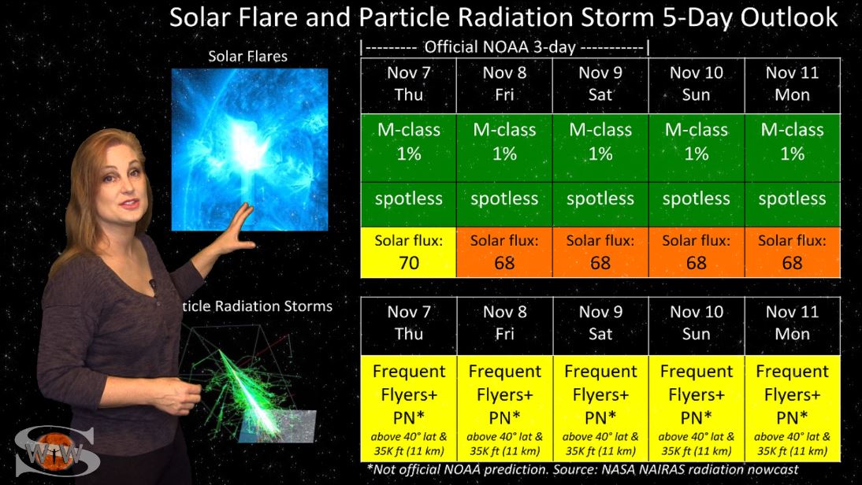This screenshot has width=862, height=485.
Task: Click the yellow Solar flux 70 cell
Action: point(408,252)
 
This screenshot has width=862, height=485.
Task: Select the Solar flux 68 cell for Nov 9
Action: point(600,252)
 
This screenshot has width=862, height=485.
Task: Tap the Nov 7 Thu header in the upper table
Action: point(408,83)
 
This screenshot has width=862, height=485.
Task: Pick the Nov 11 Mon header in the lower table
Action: point(792,324)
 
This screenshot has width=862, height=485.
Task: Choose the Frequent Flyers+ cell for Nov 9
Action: point(600,408)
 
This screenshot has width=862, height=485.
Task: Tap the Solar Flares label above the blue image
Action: point(247,56)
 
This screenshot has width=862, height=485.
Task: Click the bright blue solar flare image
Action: point(250,150)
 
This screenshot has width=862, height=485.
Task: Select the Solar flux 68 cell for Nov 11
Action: point(792,252)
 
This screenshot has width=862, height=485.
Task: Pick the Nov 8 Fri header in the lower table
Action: point(504,324)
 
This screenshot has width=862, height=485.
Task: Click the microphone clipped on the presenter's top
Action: point(152,284)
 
